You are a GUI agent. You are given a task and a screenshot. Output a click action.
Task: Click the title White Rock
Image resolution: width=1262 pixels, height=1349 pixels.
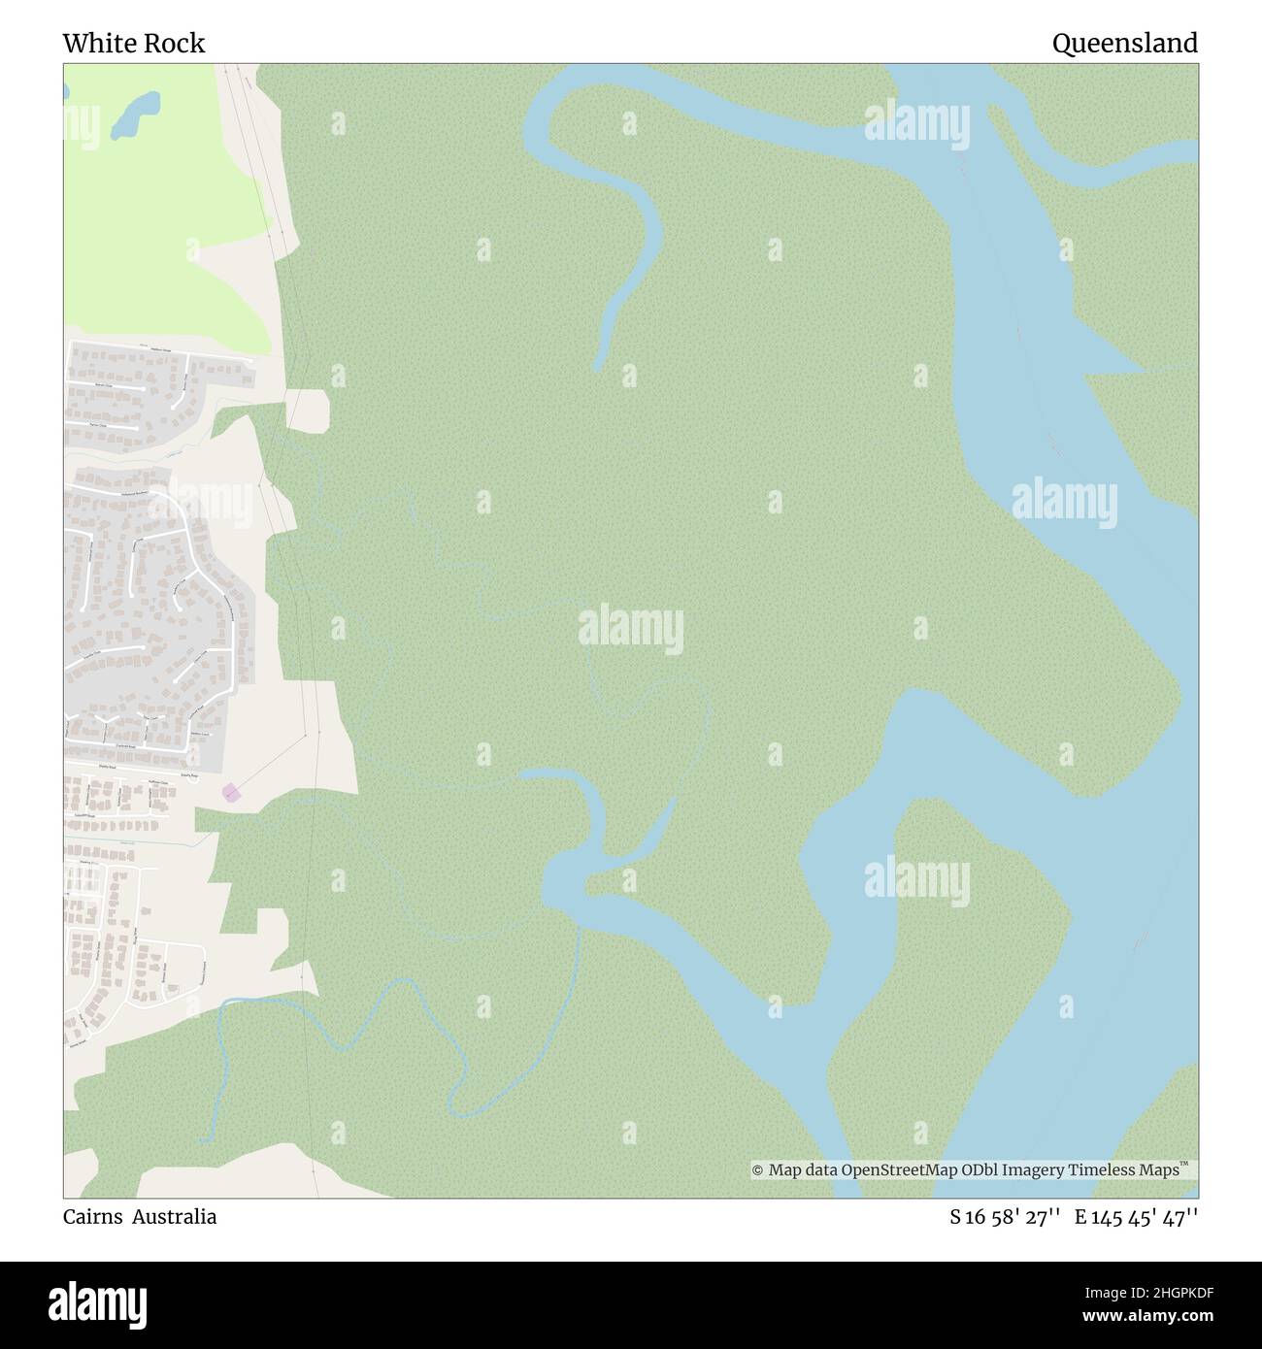coord(134,43)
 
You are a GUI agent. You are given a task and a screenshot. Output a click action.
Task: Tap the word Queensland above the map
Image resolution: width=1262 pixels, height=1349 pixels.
coord(1124,43)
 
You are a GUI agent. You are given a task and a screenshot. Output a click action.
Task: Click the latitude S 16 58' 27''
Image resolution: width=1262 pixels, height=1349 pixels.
coord(1005,1216)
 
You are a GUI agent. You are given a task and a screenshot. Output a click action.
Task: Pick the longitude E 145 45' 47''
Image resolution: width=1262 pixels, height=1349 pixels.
coord(1136,1216)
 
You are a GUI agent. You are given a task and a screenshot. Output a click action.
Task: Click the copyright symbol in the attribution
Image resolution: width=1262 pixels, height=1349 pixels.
coord(758,1170)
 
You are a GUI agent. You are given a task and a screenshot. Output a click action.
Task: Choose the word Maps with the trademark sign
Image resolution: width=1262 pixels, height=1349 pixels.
coord(1155,1170)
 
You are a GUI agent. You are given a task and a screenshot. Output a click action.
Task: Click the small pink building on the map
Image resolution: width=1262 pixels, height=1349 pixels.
coord(231,793)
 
